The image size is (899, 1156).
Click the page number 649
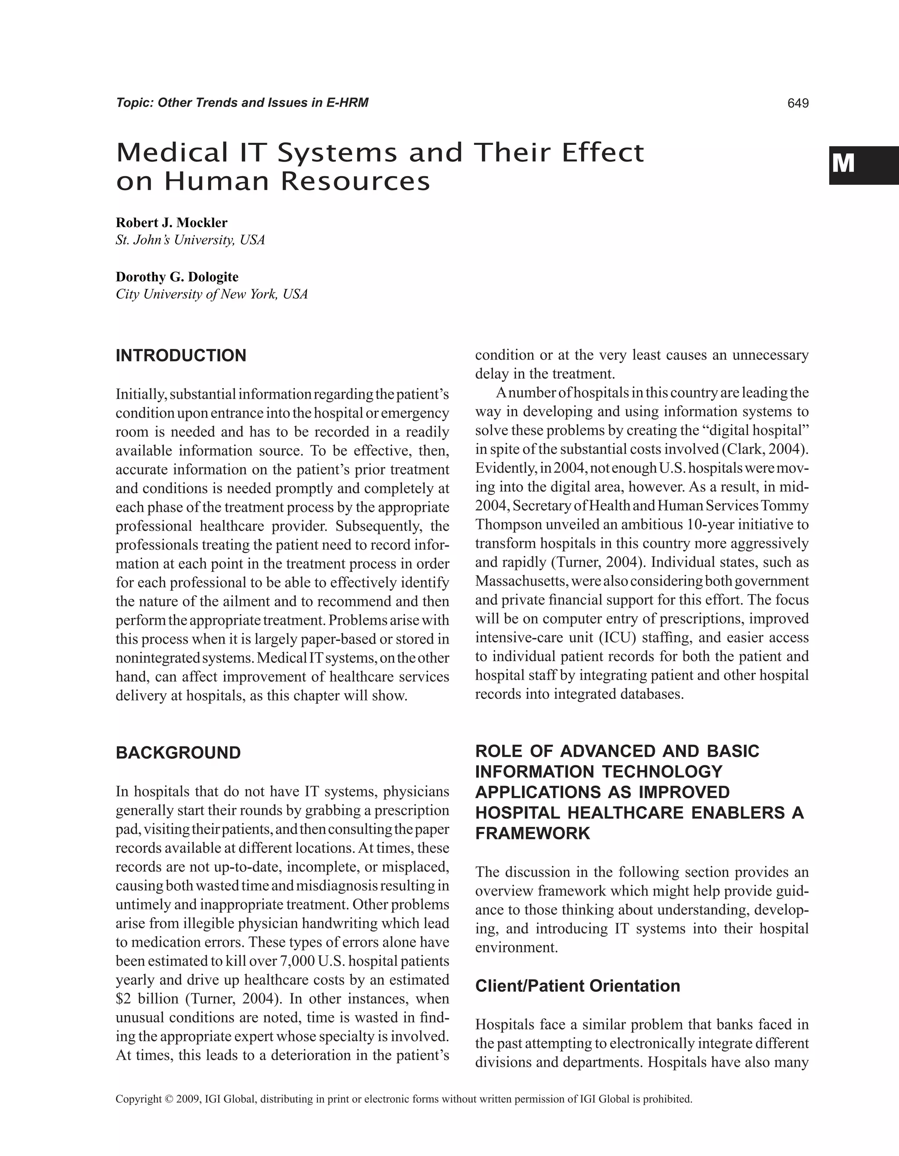[798, 103]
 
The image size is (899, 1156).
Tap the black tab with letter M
[863, 165]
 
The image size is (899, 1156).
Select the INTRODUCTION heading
[181, 356]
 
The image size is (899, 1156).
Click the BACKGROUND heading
[178, 753]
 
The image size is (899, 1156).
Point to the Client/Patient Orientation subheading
[577, 986]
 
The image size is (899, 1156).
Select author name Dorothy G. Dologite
[177, 277]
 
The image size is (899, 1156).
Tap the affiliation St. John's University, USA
[190, 240]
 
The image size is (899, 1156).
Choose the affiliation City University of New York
[211, 294]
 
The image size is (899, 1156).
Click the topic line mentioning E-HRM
[242, 103]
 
